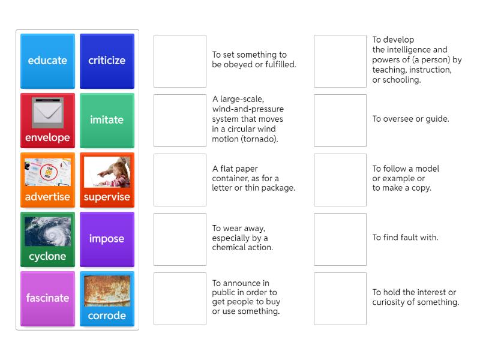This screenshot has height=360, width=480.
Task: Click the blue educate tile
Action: [47, 61]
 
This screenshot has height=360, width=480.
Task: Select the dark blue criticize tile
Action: [107, 61]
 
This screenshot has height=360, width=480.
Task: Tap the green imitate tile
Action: [107, 121]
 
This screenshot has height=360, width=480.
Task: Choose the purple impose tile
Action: [107, 239]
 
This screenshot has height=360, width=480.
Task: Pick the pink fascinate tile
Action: [47, 298]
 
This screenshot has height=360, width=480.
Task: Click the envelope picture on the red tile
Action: [48, 113]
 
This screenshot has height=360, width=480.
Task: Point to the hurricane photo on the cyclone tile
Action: [48, 232]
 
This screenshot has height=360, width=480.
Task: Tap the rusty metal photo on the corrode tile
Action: [107, 291]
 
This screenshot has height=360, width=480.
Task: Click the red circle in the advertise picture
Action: [49, 172]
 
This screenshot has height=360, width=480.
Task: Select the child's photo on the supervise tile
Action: [107, 172]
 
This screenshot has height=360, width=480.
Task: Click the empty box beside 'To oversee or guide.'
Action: [340, 121]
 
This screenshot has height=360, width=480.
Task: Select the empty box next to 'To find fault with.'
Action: [340, 239]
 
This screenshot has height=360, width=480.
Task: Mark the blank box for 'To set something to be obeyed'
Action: [180, 61]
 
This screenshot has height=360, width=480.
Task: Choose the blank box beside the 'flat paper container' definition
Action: [180, 179]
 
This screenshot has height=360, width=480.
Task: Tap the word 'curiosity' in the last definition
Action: [390, 302]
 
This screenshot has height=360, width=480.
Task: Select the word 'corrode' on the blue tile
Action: [107, 316]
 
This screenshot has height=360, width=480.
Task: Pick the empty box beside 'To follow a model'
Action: [340, 179]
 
